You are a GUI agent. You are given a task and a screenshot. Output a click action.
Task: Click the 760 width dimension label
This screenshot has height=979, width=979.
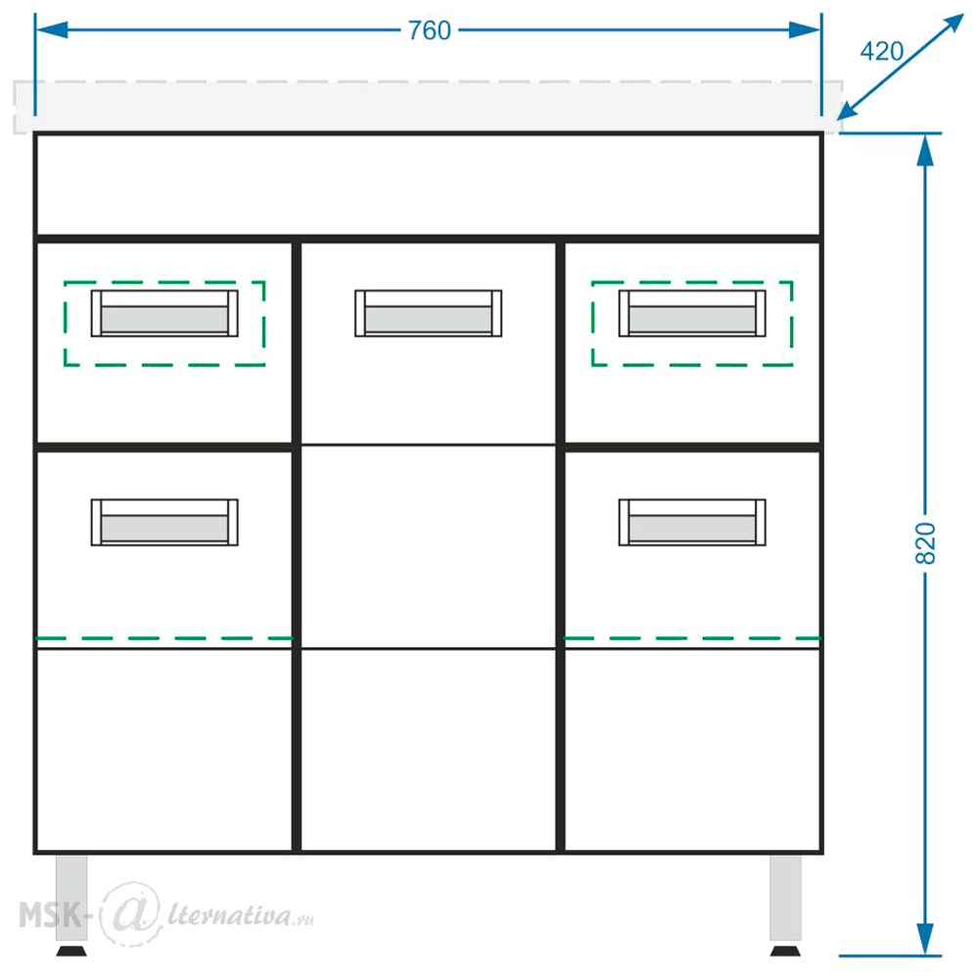click(x=430, y=30)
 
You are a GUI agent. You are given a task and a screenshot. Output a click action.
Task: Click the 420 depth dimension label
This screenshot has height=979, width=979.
click(x=882, y=51)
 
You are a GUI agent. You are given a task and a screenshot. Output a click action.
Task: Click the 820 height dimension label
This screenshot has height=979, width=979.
click(x=925, y=543)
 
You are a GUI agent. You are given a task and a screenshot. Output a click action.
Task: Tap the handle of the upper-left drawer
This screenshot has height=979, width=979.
click(x=164, y=313)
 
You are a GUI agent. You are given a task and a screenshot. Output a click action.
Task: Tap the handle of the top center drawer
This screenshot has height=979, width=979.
click(x=429, y=313)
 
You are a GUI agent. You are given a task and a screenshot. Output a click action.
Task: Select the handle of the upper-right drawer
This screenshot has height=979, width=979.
click(x=692, y=313)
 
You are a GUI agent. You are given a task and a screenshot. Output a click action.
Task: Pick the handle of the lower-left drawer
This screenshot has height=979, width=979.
click(x=164, y=523)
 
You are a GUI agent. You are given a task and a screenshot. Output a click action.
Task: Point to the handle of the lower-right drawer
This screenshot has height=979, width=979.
click(x=692, y=523)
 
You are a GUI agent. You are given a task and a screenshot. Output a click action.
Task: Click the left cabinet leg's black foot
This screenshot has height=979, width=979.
click(x=71, y=951)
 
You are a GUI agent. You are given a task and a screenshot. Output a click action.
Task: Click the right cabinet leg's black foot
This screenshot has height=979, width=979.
click(x=785, y=951)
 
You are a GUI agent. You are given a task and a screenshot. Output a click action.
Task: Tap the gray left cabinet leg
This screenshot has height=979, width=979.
click(x=71, y=898)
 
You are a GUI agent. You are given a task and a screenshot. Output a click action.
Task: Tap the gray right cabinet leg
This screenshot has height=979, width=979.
click(x=785, y=898)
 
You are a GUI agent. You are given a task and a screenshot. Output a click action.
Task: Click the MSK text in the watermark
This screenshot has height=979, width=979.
click(x=51, y=915)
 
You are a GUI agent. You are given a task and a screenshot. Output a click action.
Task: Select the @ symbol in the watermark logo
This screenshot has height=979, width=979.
click(x=130, y=912)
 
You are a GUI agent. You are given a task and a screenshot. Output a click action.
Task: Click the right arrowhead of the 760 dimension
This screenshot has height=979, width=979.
click(x=805, y=30)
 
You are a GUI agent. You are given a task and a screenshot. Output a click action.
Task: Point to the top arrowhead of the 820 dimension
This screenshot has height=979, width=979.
click(x=925, y=150)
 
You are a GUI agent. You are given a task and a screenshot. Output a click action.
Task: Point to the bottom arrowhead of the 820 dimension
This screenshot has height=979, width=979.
click(x=925, y=939)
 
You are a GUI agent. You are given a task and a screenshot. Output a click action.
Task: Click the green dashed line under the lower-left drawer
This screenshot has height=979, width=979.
click(x=164, y=638)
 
